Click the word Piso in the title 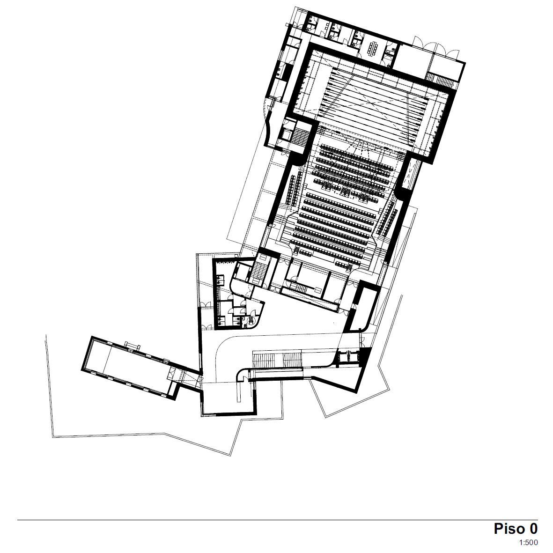tap(509, 529)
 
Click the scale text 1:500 tap(528, 542)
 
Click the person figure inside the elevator tap(348, 356)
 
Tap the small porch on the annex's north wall tap(133, 345)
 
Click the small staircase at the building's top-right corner tap(440, 80)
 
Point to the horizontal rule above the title tap(278, 520)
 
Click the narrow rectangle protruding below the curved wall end tap(240, 392)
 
